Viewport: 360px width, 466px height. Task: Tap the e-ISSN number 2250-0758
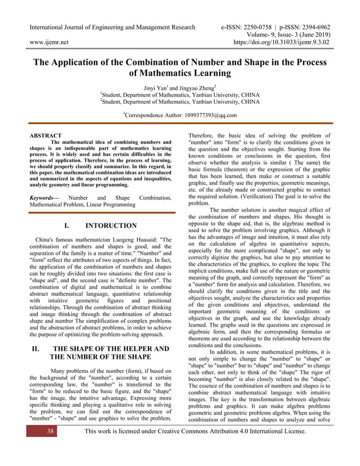pos(254,27)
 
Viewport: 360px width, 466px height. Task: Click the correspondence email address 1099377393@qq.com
pos(196,115)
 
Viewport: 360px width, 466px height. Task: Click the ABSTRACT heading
pos(46,136)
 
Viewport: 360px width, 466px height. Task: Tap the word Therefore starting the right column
pos(207,136)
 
